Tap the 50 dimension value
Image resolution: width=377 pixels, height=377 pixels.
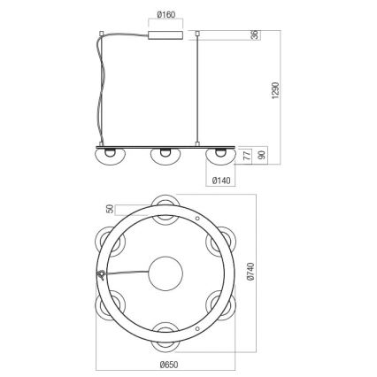coord(110,209)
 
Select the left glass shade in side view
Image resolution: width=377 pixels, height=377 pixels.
coord(106,154)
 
